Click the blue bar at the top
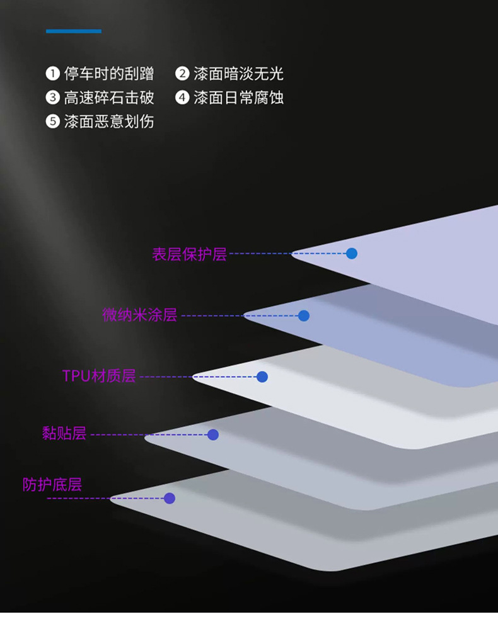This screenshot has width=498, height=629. [x=74, y=31]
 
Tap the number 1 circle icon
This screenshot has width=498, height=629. [x=53, y=74]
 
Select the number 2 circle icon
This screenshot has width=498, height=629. [x=182, y=74]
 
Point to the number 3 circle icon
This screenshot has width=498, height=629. [x=53, y=98]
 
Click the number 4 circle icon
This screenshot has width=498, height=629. [x=182, y=98]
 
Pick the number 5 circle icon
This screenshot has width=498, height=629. [x=53, y=121]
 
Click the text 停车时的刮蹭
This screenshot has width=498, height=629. [x=109, y=74]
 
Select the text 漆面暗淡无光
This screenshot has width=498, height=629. [x=238, y=74]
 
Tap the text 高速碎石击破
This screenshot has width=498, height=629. [x=109, y=98]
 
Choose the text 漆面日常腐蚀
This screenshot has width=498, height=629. [x=238, y=98]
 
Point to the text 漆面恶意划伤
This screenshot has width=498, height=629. [x=109, y=121]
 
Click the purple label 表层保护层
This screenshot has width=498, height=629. [x=189, y=254]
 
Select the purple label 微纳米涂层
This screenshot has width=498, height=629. [x=140, y=315]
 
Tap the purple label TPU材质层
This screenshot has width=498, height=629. [x=99, y=376]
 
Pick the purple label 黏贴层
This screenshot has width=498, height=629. [x=64, y=433]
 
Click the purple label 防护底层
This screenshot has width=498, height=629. [x=52, y=484]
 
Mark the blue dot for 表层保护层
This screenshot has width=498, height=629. [x=352, y=254]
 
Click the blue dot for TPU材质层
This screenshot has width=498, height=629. [x=262, y=377]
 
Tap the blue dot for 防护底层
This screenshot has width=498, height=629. [x=169, y=498]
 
